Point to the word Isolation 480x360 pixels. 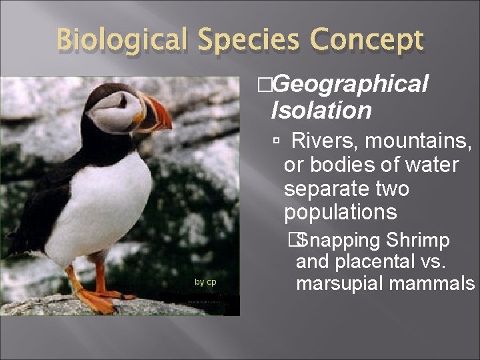point(321,110)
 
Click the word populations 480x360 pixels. point(341,213)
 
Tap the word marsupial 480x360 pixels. point(339,284)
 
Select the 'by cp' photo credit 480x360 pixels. point(205,282)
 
